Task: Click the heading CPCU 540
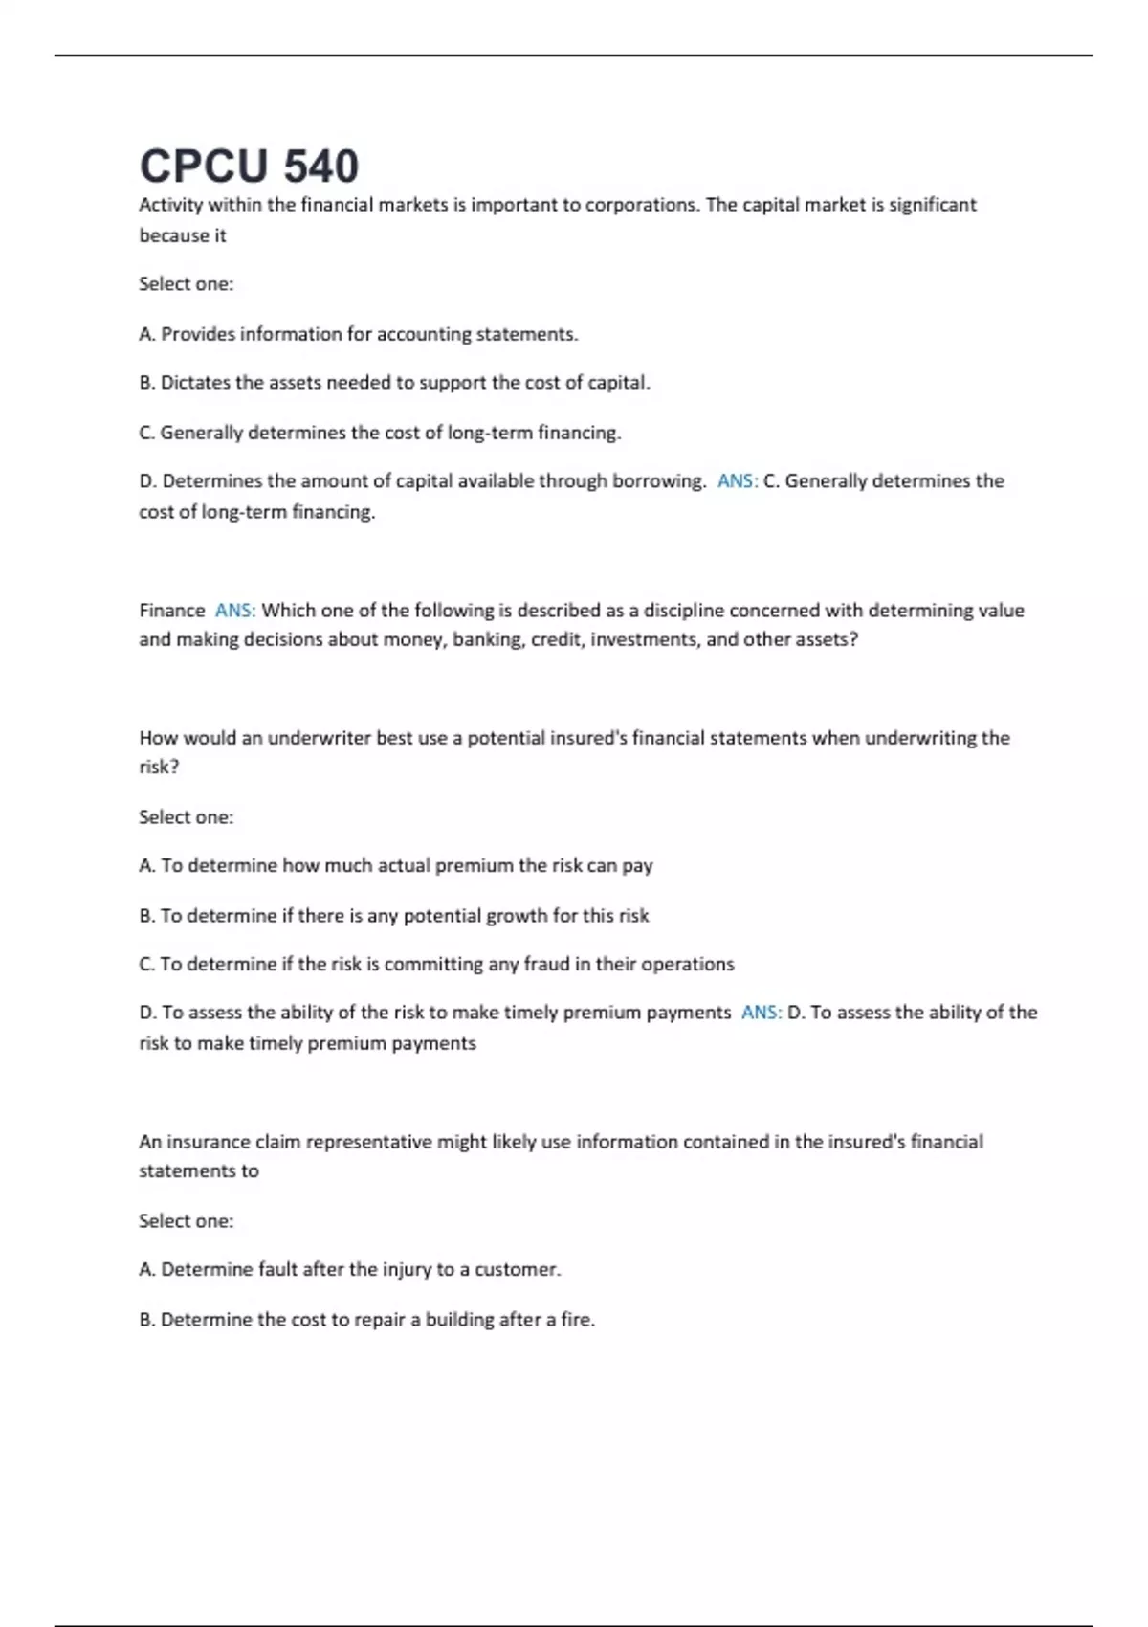coord(249,167)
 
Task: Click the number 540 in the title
coord(321,167)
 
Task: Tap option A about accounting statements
coord(359,334)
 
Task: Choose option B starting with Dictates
coord(394,383)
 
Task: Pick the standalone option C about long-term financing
coord(380,433)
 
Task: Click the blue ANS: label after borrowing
coord(737,481)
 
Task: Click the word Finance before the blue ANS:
coord(172,611)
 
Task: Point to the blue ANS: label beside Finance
coord(235,611)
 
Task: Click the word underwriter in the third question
coord(320,738)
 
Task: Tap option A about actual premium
coord(396,866)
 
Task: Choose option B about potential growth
coord(394,916)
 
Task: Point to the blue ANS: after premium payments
coord(762,1013)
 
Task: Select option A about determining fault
coord(350,1270)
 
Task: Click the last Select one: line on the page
coord(187,1221)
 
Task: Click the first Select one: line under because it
coord(187,284)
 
